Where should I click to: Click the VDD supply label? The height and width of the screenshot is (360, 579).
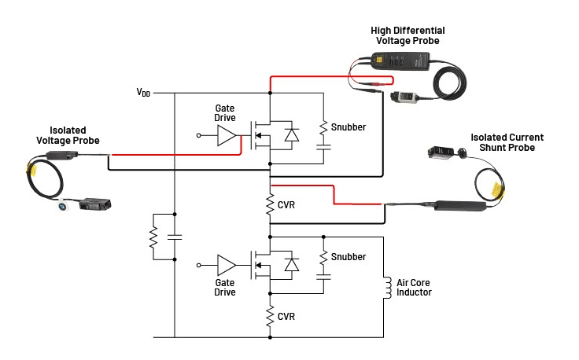click(x=143, y=93)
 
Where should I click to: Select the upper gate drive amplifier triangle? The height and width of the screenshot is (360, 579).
click(x=226, y=135)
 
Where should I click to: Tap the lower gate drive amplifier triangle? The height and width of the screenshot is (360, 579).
click(x=226, y=264)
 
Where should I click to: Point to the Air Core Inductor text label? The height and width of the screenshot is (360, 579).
click(x=414, y=288)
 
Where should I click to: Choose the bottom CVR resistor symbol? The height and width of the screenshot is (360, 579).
click(x=270, y=316)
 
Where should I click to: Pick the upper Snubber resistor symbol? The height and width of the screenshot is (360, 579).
click(x=323, y=127)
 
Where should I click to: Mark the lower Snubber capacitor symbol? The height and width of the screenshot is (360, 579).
click(x=323, y=277)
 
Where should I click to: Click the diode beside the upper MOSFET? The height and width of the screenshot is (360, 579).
click(x=292, y=135)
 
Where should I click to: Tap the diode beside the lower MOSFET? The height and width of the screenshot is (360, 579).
click(x=292, y=264)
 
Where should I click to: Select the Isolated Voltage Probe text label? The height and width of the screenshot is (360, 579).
click(x=68, y=135)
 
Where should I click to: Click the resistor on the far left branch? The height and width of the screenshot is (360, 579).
click(x=154, y=236)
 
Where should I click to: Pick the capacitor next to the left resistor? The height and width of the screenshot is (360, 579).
click(x=175, y=236)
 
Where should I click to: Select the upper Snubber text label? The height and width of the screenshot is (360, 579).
click(x=349, y=127)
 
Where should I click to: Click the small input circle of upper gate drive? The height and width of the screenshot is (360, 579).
click(x=199, y=135)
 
